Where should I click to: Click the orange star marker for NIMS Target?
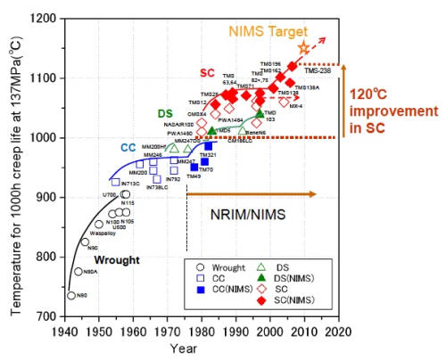(303, 47)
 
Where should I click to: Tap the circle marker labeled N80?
(71, 295)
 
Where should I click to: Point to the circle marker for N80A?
(78, 272)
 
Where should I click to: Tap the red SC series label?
(207, 73)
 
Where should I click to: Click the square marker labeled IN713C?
(91, 182)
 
